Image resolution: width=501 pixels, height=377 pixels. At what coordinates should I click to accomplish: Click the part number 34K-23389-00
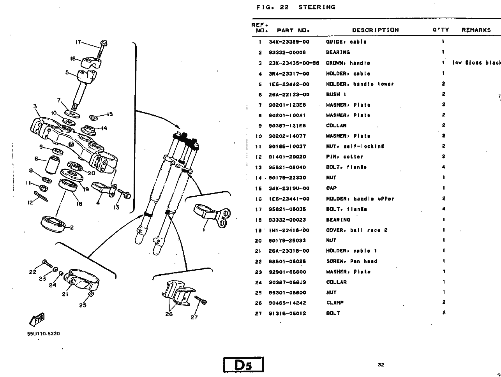[289, 42]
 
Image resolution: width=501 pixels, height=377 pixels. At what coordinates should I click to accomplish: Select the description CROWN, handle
[348, 63]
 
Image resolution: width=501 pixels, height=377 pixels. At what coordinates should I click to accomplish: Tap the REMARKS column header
[476, 30]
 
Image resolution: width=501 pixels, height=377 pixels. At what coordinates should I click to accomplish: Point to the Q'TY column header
[441, 30]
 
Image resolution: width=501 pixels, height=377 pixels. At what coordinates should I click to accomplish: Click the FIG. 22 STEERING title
[296, 7]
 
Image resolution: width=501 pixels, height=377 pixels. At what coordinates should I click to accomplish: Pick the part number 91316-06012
[287, 313]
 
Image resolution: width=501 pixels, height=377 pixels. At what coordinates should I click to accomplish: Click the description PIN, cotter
[344, 157]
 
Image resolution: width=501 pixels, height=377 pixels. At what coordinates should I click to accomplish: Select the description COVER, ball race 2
[356, 230]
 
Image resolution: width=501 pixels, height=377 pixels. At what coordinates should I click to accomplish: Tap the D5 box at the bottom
[243, 365]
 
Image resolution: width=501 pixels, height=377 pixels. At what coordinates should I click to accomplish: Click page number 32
[381, 365]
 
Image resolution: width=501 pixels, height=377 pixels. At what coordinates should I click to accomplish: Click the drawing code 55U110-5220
[43, 334]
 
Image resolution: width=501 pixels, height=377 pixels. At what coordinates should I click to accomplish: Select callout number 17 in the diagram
[78, 42]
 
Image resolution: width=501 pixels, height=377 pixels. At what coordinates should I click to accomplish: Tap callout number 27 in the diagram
[194, 317]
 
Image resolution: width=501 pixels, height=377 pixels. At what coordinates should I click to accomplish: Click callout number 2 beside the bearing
[72, 228]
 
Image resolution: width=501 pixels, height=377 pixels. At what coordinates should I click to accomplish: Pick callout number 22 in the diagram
[33, 272]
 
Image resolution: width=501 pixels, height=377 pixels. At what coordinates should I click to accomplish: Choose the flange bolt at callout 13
[124, 194]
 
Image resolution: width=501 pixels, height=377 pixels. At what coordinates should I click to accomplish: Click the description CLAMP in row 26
[335, 303]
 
